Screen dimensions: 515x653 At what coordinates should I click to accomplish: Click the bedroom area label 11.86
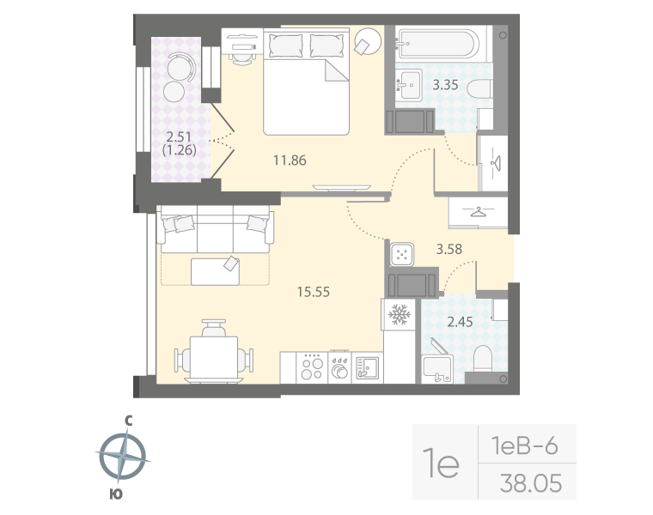(x=290, y=159)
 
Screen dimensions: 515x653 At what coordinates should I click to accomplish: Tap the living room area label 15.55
(x=313, y=292)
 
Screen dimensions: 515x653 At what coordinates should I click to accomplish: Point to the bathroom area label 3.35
(x=445, y=85)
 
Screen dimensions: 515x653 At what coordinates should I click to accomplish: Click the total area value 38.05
(x=530, y=483)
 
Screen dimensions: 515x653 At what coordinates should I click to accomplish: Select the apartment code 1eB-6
(x=524, y=445)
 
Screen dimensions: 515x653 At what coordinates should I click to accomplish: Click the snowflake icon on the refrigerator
(x=400, y=315)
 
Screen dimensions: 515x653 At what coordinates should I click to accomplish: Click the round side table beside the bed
(x=368, y=40)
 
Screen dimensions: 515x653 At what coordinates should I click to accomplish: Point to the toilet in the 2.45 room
(x=483, y=360)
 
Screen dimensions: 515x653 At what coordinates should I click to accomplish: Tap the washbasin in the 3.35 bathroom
(x=409, y=84)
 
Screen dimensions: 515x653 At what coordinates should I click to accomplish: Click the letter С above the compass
(x=127, y=421)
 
